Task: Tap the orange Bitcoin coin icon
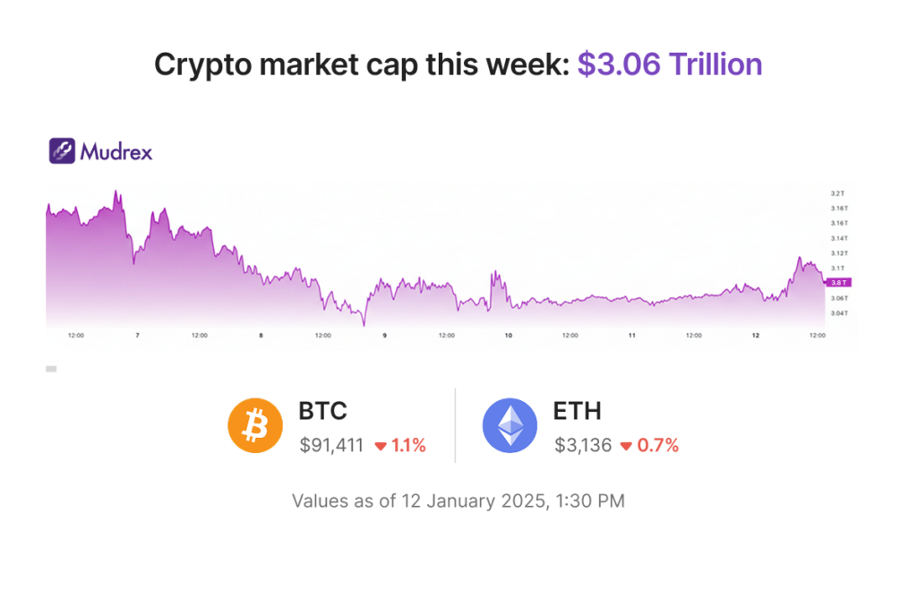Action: click(255, 426)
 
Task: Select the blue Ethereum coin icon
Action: click(510, 426)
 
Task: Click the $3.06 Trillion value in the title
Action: click(669, 64)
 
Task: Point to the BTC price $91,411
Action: click(331, 445)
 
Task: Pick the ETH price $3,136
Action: click(582, 445)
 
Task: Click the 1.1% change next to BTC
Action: click(407, 445)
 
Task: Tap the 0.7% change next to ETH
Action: click(657, 445)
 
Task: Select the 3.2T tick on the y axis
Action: click(838, 193)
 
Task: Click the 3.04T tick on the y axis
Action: click(840, 313)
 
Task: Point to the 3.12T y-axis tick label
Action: click(840, 253)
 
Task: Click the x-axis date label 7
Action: click(137, 336)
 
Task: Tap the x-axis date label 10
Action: click(508, 336)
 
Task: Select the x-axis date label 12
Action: click(755, 336)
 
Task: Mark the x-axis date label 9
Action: click(384, 336)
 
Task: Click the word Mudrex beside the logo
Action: click(116, 151)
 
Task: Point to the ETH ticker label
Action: click(578, 411)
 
